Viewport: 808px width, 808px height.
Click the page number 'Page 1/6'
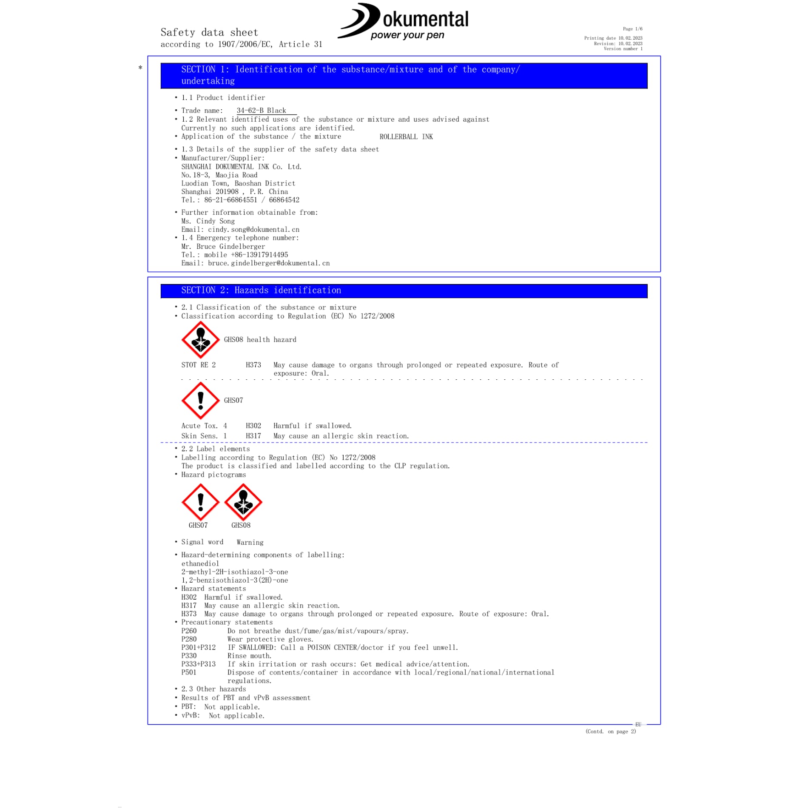(x=632, y=29)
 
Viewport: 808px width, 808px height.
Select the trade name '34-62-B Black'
(x=261, y=111)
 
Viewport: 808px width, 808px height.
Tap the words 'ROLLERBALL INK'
(x=406, y=137)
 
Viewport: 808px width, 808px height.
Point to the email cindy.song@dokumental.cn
(x=253, y=230)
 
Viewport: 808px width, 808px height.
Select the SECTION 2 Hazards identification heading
(x=261, y=290)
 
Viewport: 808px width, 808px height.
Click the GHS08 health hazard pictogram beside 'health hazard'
(x=200, y=340)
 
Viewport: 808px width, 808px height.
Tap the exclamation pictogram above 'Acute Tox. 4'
(x=200, y=401)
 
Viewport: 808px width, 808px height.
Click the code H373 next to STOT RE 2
(x=253, y=365)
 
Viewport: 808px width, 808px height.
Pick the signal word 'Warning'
(x=250, y=542)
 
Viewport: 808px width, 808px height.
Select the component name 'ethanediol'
(x=200, y=563)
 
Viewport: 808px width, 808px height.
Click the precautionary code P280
(x=189, y=639)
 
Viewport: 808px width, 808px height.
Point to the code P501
(x=189, y=672)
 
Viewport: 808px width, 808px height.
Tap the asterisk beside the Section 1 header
(x=140, y=68)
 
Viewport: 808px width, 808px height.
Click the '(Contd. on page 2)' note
(x=611, y=731)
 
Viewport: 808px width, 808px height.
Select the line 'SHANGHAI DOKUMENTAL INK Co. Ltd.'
(x=241, y=167)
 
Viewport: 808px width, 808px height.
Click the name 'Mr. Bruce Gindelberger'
(x=223, y=247)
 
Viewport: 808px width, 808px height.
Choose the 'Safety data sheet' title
(x=209, y=32)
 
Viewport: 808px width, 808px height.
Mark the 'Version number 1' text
(x=623, y=49)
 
